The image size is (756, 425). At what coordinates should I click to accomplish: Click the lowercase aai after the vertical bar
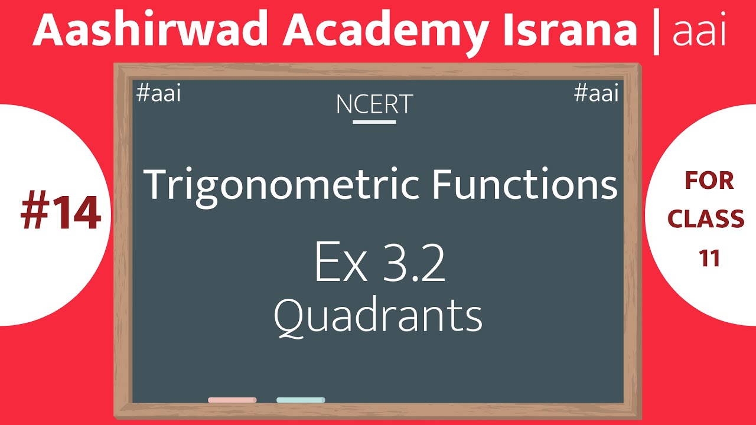tap(699, 33)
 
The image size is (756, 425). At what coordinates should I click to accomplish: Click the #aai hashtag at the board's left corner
tap(158, 94)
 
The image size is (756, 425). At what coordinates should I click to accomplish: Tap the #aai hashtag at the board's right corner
tap(596, 94)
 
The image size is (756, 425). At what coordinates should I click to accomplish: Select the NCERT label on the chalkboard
tap(374, 105)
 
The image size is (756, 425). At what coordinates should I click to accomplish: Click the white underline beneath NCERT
tap(374, 122)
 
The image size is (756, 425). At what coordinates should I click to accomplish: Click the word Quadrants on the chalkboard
tap(378, 316)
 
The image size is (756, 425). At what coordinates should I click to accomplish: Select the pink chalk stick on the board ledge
tap(232, 400)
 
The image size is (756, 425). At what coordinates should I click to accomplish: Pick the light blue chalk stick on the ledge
tap(301, 400)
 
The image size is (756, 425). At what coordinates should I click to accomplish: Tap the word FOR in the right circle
tap(709, 181)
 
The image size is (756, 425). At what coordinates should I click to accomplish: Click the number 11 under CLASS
tap(709, 258)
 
